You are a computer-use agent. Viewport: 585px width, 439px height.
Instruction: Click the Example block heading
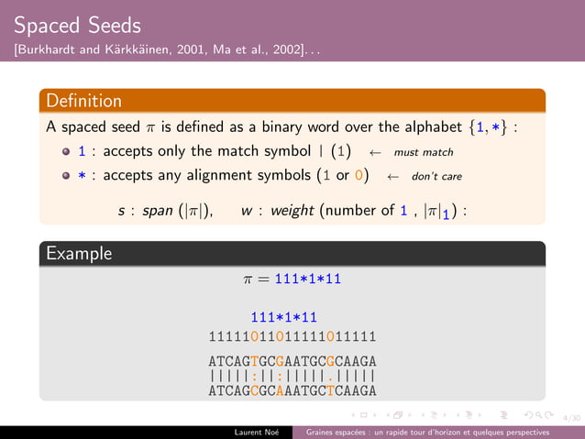[x=78, y=252]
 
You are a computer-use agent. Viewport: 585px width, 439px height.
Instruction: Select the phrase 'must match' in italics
[x=424, y=151]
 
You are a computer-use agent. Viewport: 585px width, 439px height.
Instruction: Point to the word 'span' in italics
[x=159, y=211]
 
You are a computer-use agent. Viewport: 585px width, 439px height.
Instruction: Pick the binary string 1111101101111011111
[x=292, y=335]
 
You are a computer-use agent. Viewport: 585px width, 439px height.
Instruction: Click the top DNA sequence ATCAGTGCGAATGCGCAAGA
[x=292, y=361]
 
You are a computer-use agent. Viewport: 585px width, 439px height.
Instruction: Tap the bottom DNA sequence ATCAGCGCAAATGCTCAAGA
[x=292, y=390]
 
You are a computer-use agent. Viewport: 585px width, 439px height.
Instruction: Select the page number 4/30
[x=573, y=417]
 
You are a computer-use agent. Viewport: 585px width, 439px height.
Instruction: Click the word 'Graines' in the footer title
[x=323, y=432]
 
